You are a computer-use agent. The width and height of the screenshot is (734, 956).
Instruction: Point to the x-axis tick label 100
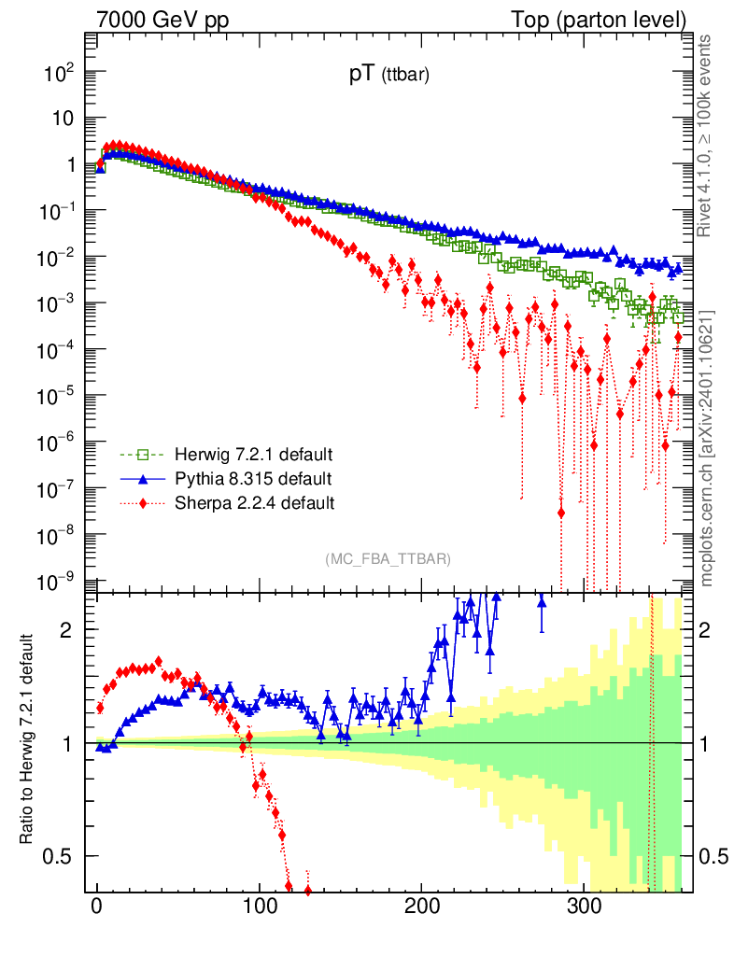click(259, 905)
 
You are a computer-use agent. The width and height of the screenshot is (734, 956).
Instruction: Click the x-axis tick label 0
click(97, 905)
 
